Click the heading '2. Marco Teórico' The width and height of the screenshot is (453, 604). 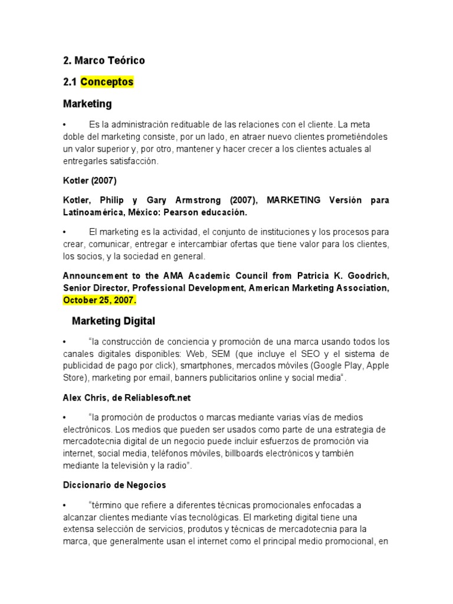(x=104, y=61)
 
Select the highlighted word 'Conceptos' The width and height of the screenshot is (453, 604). (x=107, y=82)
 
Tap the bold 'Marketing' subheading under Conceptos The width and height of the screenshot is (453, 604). (x=87, y=104)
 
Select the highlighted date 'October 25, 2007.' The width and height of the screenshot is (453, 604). (x=100, y=300)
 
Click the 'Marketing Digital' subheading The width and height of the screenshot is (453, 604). (x=113, y=321)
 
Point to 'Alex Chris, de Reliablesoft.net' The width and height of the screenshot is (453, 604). (x=127, y=398)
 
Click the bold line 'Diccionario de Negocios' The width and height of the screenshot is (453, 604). (x=114, y=485)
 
